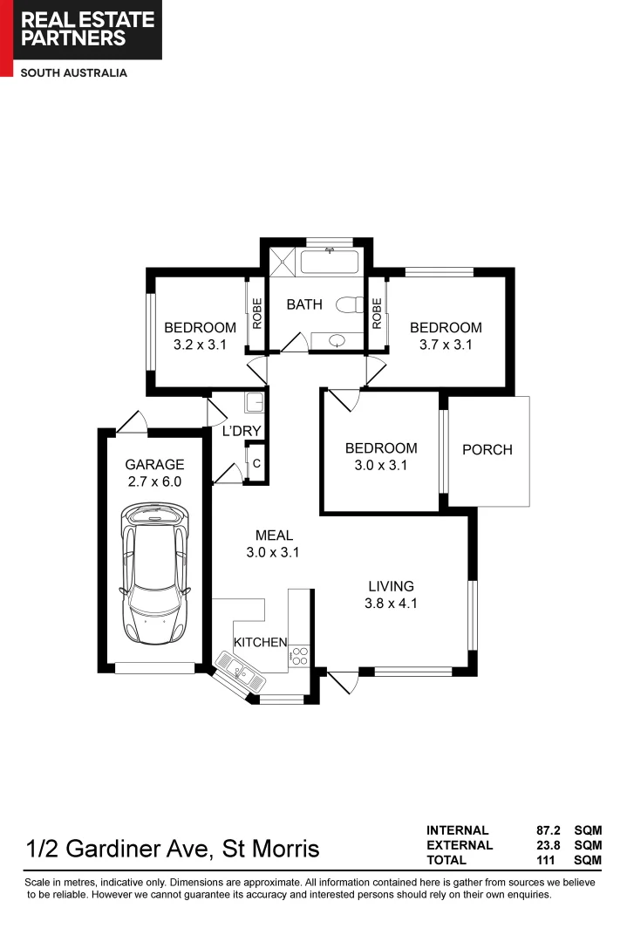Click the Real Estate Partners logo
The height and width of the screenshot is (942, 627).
(81, 30)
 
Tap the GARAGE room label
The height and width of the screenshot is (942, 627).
(154, 464)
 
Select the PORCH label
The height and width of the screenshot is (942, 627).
(487, 450)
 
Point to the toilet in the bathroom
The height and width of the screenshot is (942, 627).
(351, 305)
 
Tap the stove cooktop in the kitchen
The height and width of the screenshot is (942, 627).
(299, 656)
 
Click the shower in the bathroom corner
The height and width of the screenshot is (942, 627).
(283, 260)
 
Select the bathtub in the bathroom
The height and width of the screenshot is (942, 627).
(330, 260)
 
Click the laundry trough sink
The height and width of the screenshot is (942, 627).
(255, 403)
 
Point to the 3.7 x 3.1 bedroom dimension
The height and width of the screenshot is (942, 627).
(446, 345)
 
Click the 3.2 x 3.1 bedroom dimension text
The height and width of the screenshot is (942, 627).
(200, 345)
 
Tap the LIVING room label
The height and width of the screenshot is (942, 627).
(390, 586)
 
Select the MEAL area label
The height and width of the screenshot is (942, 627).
(274, 535)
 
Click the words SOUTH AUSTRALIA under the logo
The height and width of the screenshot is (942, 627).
(74, 73)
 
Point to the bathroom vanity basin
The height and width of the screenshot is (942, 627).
(337, 339)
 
